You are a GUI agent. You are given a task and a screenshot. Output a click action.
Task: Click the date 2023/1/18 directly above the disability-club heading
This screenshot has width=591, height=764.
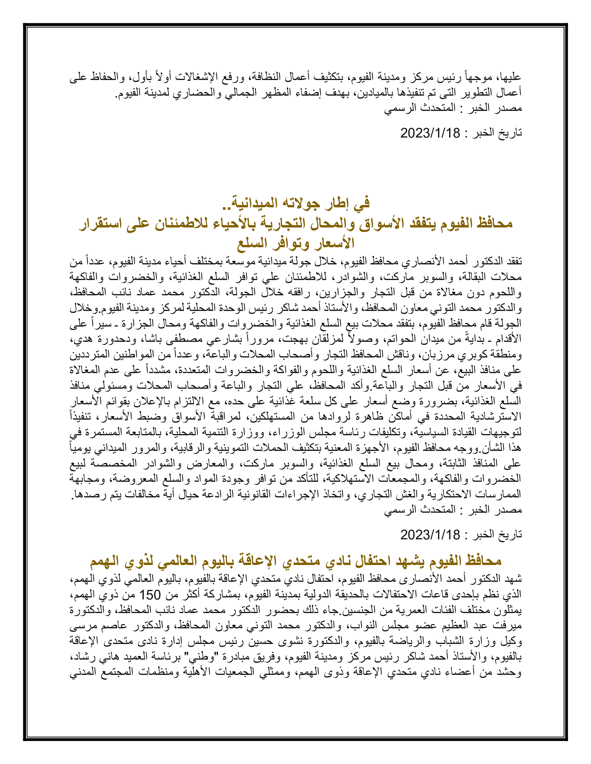pos(430,534)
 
